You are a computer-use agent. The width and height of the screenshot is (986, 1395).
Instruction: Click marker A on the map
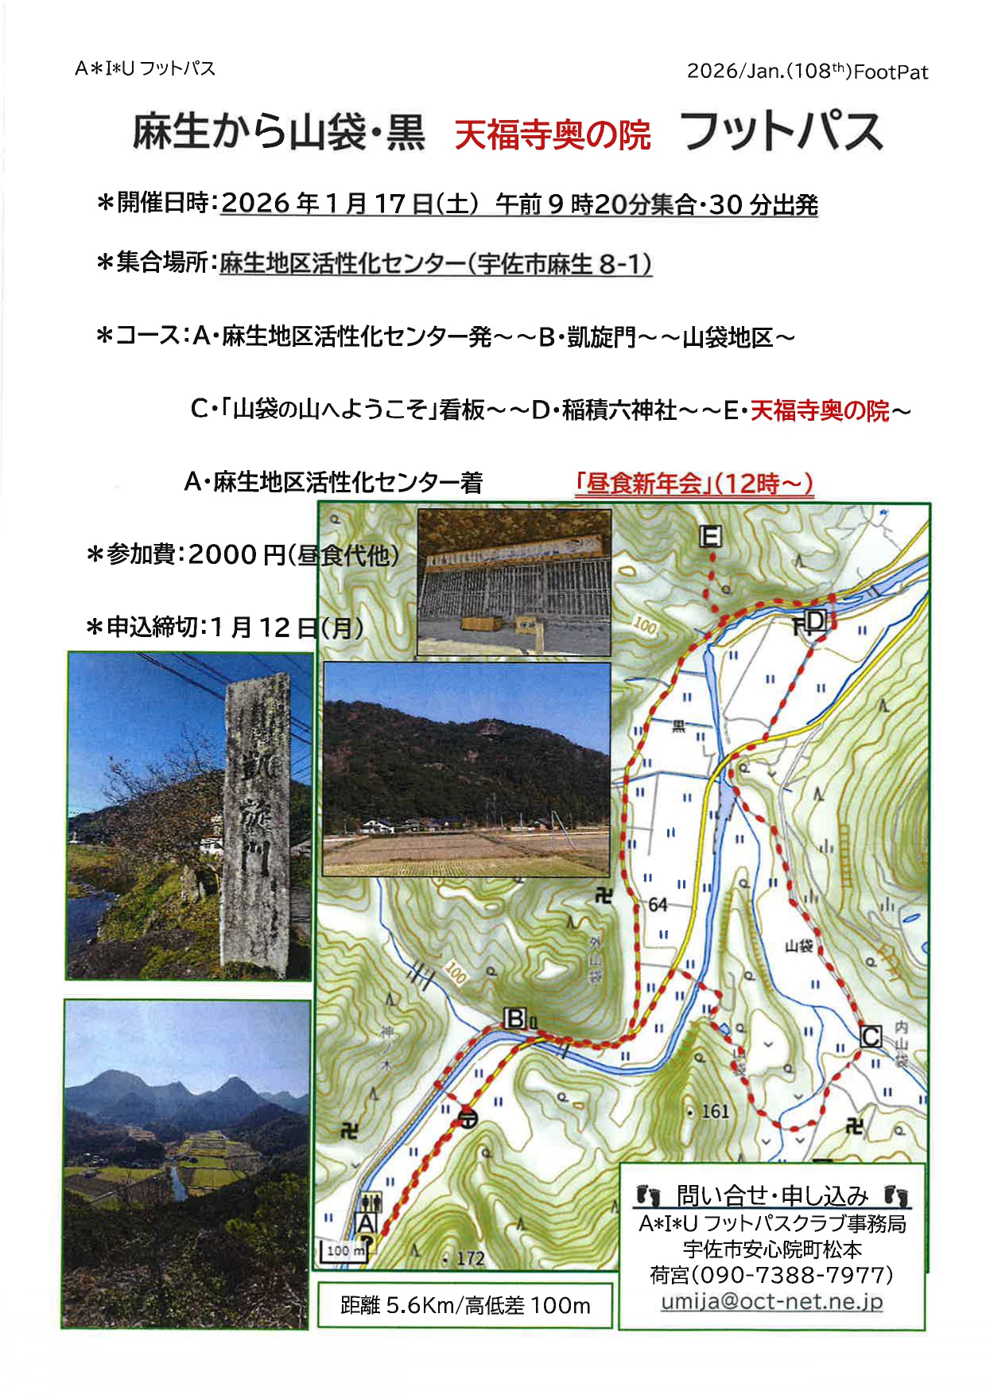367,1222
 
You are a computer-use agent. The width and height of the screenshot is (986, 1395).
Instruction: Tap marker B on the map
515,1019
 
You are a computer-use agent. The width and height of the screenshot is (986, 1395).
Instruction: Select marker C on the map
871,1036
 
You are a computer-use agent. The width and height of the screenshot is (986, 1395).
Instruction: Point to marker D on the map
817,620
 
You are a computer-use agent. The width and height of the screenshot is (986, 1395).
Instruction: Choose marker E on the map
710,537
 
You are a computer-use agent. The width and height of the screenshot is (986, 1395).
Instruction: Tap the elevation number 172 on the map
470,1258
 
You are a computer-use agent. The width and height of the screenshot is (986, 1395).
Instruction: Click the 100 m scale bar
344,1251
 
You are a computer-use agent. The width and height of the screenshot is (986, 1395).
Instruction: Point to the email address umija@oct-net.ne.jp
771,1302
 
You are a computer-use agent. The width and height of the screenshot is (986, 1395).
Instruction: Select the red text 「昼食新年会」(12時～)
694,483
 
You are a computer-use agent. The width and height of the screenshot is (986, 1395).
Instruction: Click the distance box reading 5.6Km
464,1305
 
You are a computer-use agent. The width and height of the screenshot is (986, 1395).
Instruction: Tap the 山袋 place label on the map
798,946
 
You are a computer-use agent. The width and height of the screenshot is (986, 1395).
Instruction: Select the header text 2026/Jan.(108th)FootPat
807,72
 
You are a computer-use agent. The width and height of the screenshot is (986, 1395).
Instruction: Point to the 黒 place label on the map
678,726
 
